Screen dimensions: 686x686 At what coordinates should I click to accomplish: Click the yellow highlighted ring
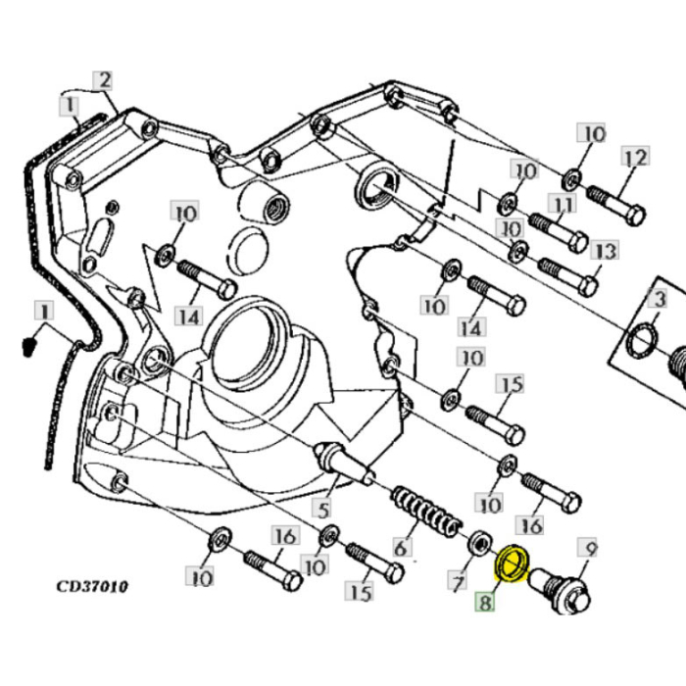pos(514,563)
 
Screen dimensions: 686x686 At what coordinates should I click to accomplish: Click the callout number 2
pos(104,80)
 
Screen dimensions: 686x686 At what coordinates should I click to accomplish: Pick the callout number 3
pos(659,298)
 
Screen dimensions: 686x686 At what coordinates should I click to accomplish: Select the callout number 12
pos(635,157)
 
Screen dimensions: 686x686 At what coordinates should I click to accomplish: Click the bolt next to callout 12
pos(615,205)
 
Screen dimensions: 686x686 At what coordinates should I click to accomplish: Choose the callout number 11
pos(562,204)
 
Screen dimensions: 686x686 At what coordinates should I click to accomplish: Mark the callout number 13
pos(605,252)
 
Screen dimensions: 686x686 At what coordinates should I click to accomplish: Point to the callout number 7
pos(458,582)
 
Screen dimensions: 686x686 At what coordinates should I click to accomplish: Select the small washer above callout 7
pos(480,541)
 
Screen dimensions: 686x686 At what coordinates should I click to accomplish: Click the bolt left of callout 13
pos(566,275)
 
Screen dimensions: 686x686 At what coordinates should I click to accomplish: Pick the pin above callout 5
pos(344,465)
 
